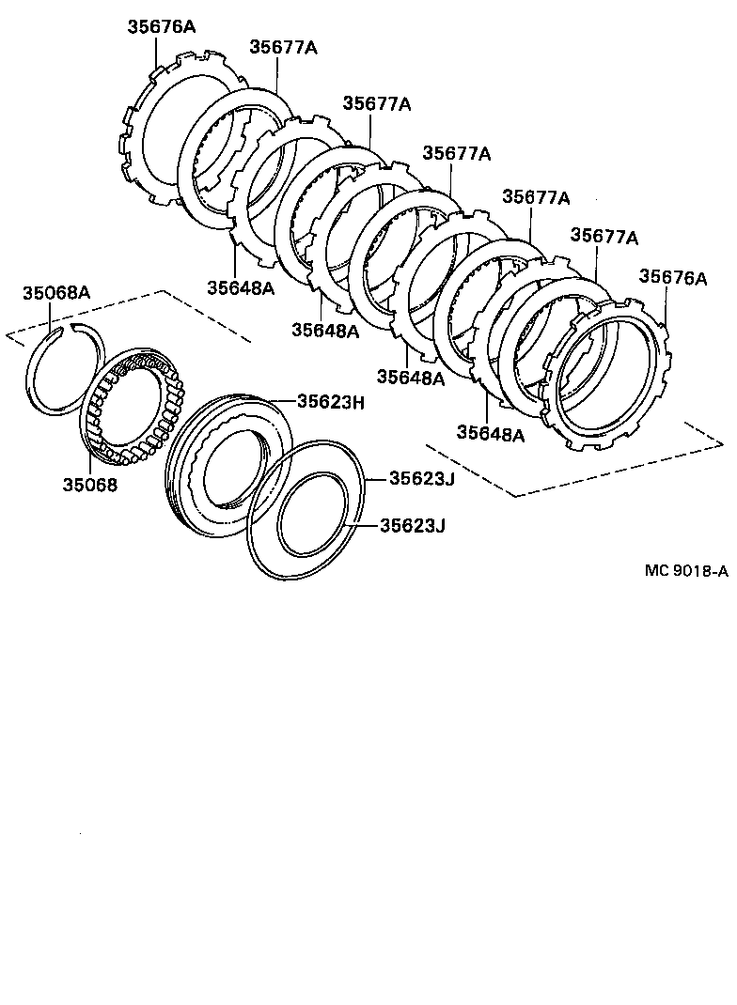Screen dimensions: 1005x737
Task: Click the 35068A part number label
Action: pyautogui.click(x=56, y=292)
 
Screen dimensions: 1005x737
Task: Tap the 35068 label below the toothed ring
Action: pyautogui.click(x=90, y=485)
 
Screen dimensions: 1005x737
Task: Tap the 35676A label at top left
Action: pyautogui.click(x=162, y=27)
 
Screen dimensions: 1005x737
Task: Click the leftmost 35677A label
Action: pyautogui.click(x=283, y=47)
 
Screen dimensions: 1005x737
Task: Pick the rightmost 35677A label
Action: pyautogui.click(x=604, y=236)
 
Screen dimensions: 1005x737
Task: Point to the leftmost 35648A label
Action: pyautogui.click(x=242, y=287)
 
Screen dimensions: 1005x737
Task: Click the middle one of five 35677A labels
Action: pyautogui.click(x=456, y=153)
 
